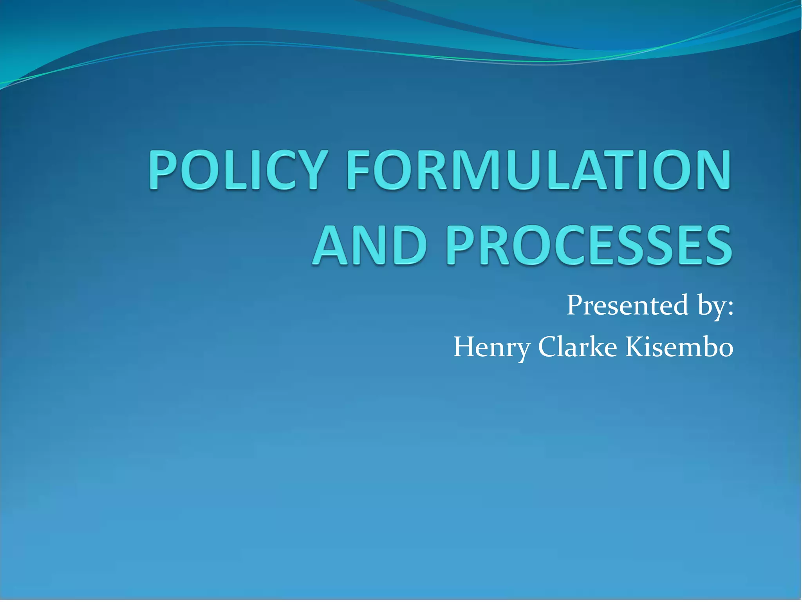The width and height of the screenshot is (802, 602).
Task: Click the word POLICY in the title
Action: pos(237,170)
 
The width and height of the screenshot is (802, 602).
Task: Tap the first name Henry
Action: pos(492,348)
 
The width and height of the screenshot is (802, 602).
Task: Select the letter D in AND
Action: pos(409,245)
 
